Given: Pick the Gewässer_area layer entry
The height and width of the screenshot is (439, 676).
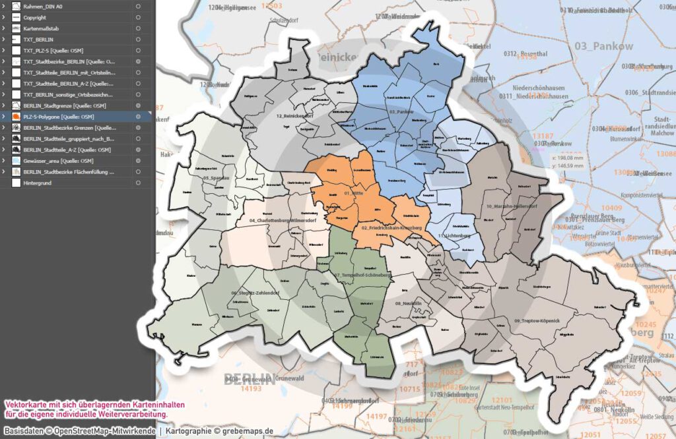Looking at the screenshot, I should pos(56,161).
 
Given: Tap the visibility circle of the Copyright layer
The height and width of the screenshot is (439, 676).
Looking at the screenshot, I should pos(138,17).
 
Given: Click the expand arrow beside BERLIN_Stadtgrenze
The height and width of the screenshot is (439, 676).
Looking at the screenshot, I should pos(4,105).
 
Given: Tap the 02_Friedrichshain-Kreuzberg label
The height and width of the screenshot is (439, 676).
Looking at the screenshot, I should pos(391,228).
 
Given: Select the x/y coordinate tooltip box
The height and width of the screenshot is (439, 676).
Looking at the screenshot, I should pos(566,162).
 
